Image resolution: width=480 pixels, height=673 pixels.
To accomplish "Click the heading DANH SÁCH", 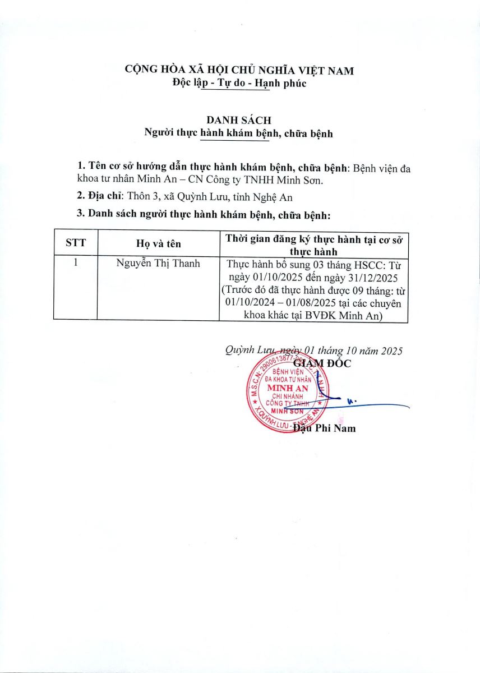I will click(x=239, y=120).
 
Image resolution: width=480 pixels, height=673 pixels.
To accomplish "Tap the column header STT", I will click(x=75, y=243).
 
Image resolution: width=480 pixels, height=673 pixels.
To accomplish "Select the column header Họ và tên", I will click(x=158, y=243).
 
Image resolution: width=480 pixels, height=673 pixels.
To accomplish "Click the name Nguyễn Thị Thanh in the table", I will click(x=158, y=264).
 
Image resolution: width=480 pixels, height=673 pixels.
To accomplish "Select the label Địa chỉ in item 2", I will click(x=106, y=197).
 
